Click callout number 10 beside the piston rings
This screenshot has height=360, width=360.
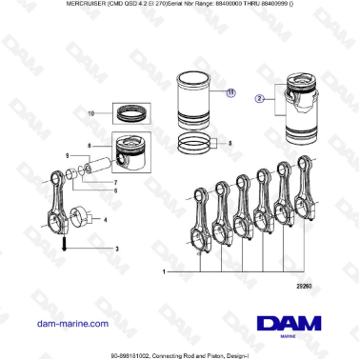(91, 112)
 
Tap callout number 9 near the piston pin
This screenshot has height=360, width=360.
(68, 155)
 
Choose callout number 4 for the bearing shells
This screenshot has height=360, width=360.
(105, 220)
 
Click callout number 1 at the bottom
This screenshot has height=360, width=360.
(165, 272)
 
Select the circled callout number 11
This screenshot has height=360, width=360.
(230, 92)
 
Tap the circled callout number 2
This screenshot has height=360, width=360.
(257, 97)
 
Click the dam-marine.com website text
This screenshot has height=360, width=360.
(70, 324)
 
